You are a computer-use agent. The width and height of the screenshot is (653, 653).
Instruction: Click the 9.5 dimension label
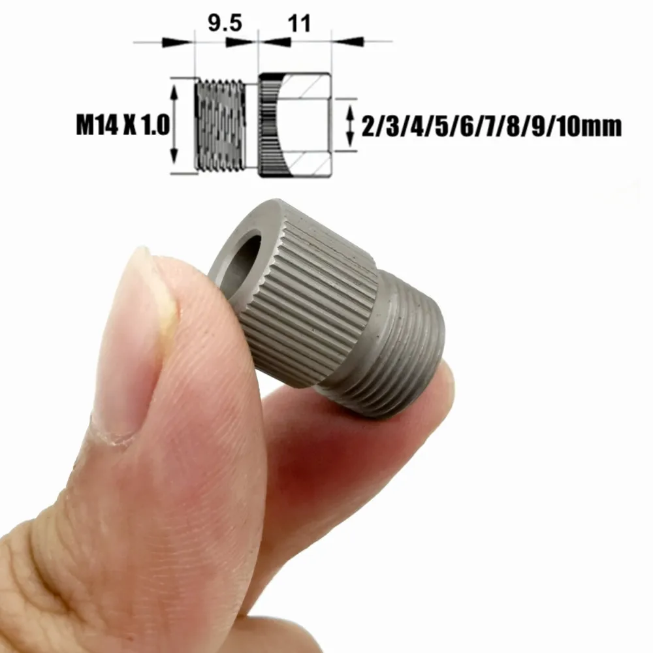(x=225, y=24)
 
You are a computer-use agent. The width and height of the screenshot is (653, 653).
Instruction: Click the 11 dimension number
(x=298, y=24)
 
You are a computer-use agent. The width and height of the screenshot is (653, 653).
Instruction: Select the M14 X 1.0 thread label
(x=123, y=124)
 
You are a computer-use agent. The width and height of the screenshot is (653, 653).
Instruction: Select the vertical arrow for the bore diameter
(x=351, y=124)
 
